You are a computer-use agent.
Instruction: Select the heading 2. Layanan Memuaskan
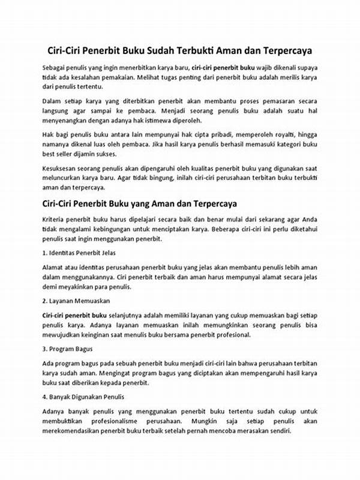76,300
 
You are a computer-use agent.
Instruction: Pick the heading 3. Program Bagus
67,349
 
